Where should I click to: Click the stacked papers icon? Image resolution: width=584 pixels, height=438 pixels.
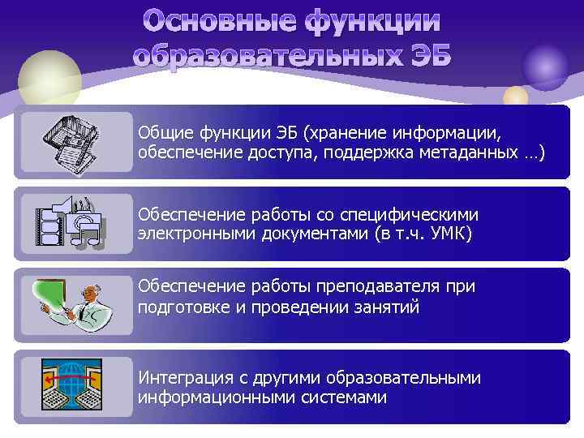tap(77, 142)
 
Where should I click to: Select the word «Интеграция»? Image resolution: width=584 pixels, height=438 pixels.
tap(182, 378)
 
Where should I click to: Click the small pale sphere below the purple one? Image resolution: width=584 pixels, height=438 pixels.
tap(515, 97)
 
